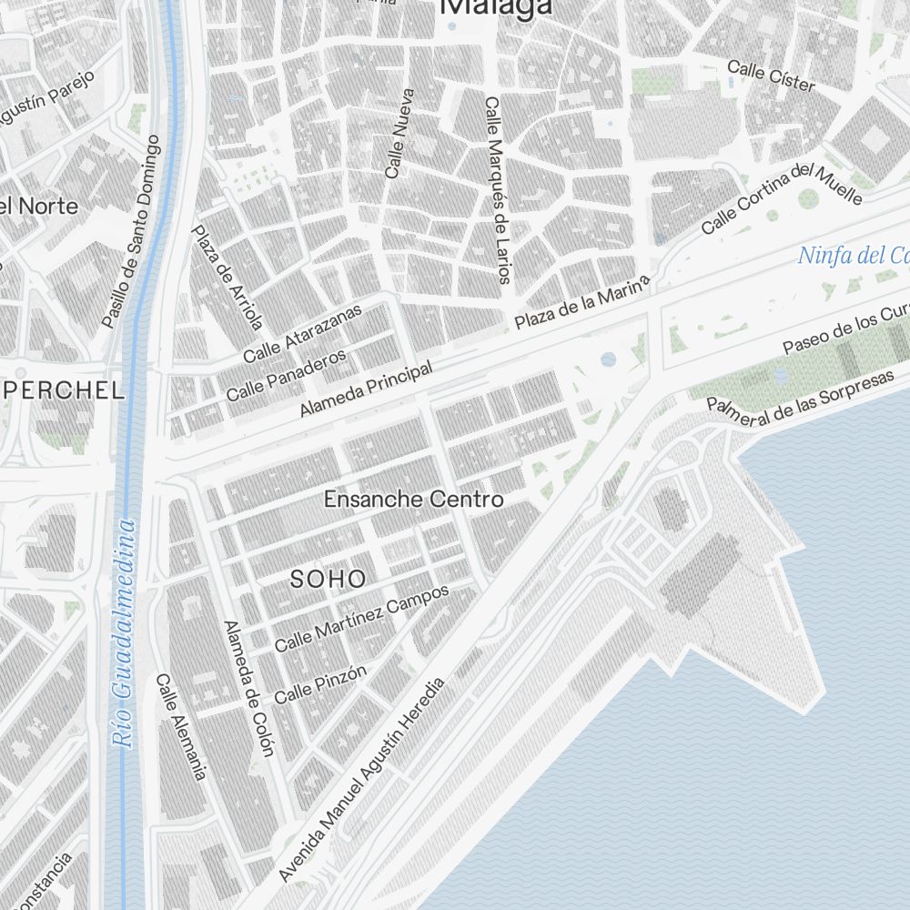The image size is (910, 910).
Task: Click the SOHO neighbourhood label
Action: click(x=329, y=579)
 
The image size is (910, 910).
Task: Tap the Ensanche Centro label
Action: click(x=413, y=500)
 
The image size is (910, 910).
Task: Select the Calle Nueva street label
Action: click(x=399, y=133)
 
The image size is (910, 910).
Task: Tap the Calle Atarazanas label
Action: click(x=302, y=332)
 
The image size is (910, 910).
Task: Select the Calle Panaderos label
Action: click(x=287, y=376)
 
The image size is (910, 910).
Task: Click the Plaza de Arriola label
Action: click(x=227, y=277)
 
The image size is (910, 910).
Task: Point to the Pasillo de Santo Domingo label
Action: click(x=132, y=232)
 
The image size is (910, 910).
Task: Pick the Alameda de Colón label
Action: click(x=248, y=688)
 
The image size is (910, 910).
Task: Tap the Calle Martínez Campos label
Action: click(x=362, y=618)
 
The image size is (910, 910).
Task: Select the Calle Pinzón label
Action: click(x=320, y=683)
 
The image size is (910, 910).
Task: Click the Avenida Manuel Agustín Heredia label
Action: click(x=364, y=779)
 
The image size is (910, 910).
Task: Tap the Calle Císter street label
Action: click(x=771, y=76)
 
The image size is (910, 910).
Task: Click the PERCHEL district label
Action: click(x=65, y=391)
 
